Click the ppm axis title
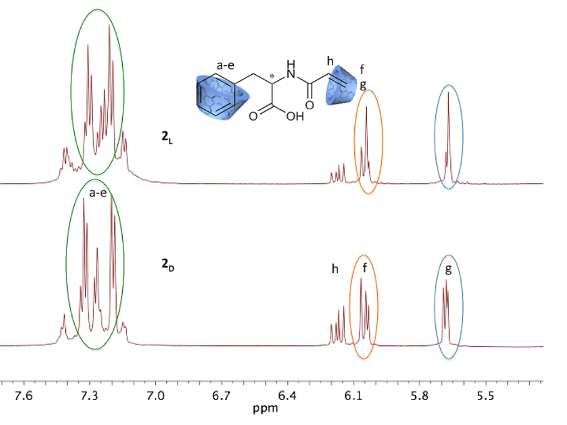pos(265,409)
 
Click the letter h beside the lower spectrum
pos(335,269)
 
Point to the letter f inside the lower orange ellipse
pos(364,268)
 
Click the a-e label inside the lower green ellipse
pos(98,193)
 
